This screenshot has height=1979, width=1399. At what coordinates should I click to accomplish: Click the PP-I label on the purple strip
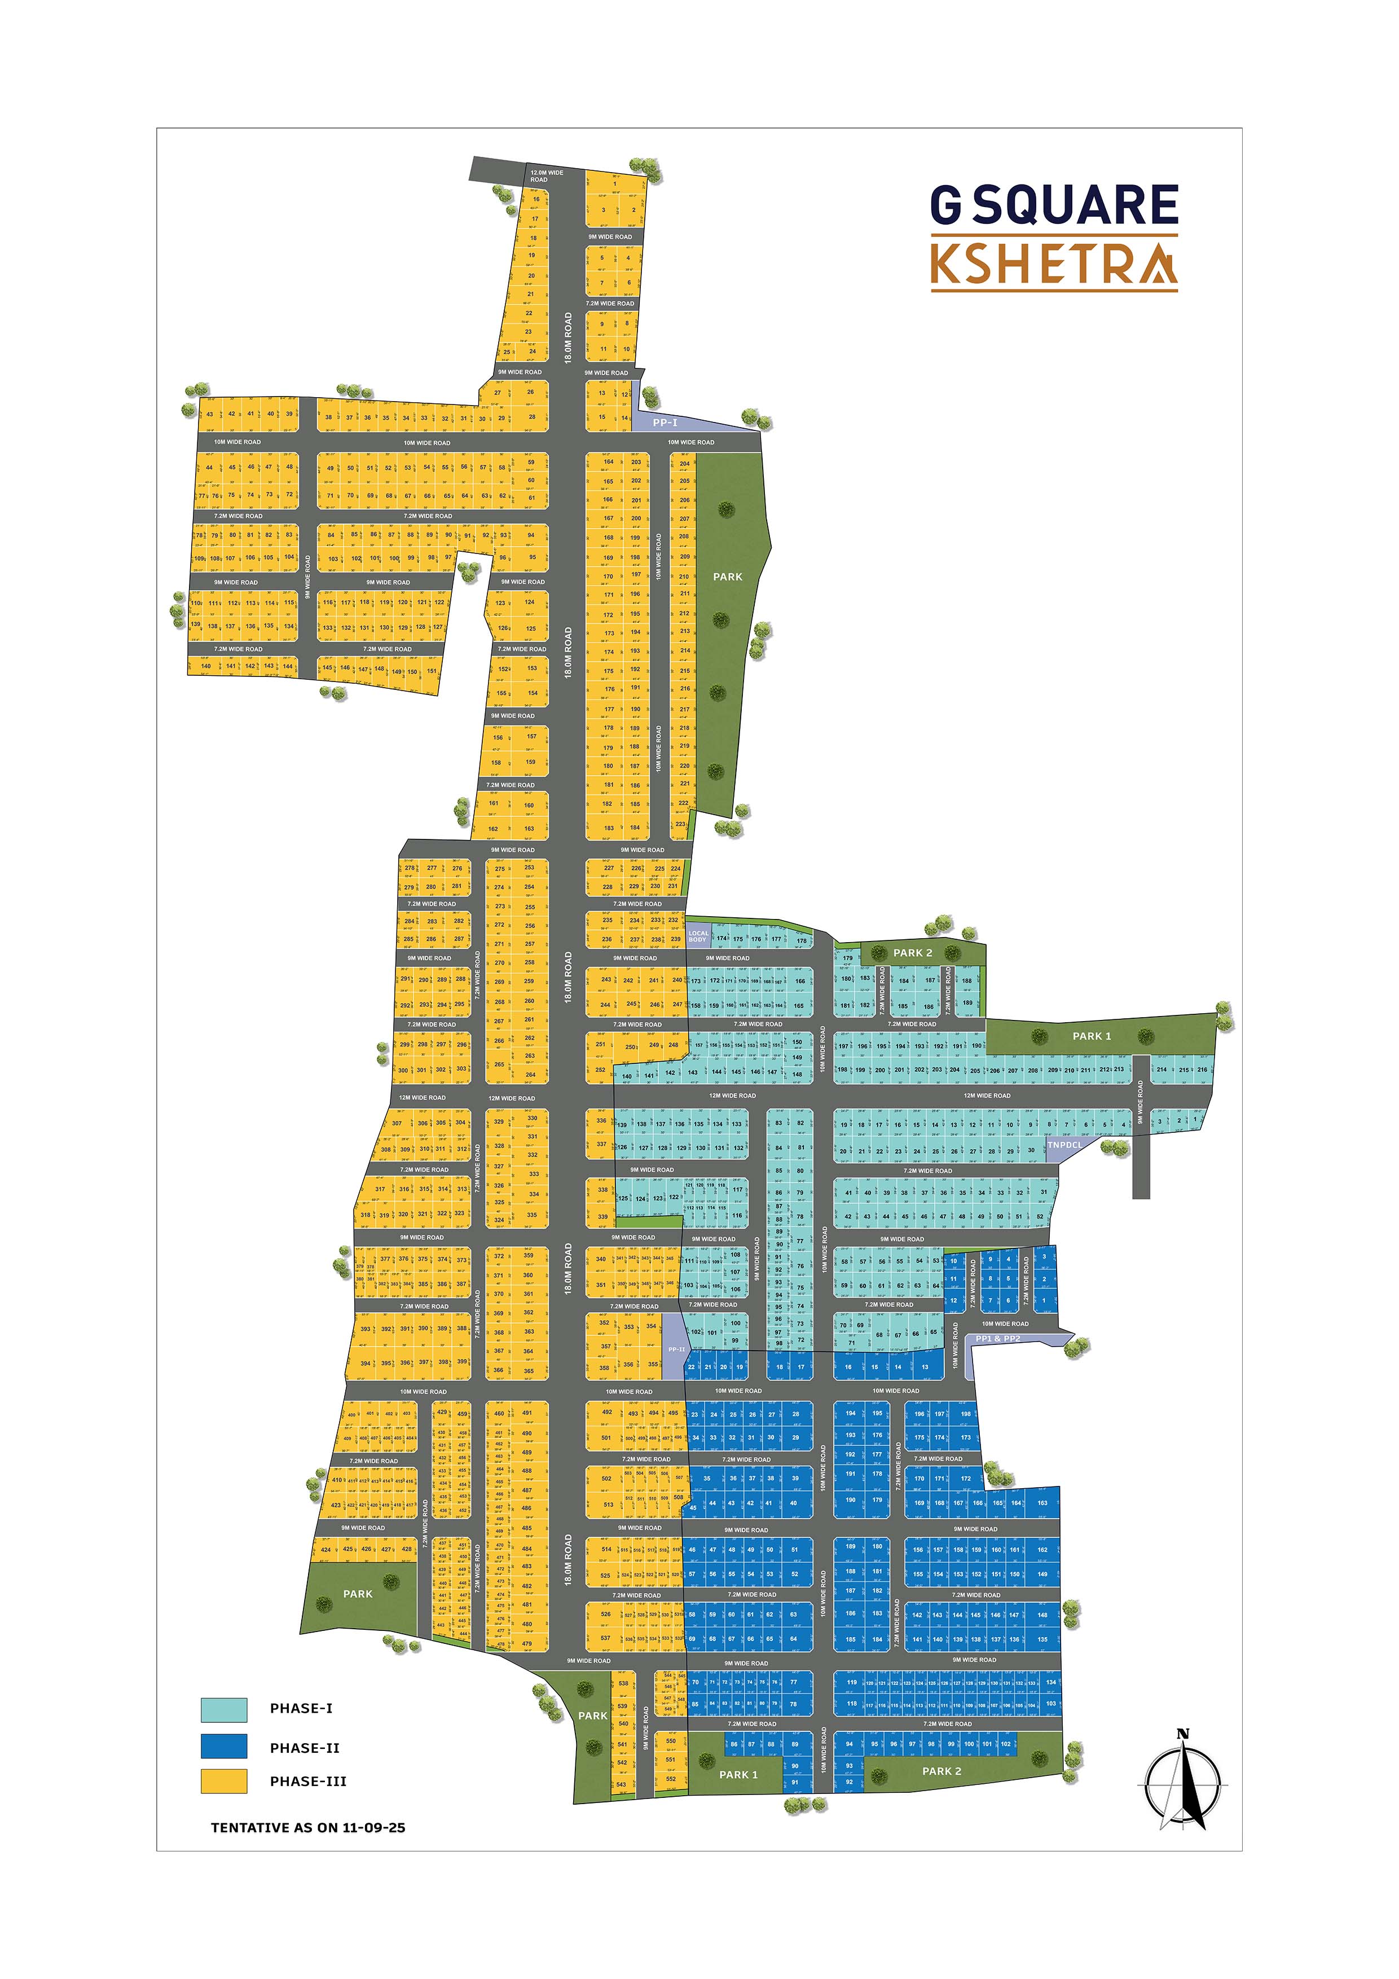665,423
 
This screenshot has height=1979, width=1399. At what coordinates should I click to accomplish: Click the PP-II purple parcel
676,1349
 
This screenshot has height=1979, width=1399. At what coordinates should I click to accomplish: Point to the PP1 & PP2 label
997,1339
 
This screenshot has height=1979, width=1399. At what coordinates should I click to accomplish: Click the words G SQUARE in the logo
1053,205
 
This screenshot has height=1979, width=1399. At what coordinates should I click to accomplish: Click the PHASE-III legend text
308,1782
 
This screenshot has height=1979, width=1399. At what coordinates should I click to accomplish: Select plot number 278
410,868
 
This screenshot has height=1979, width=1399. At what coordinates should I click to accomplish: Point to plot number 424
326,1549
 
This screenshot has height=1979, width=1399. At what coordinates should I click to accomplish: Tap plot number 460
499,1414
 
